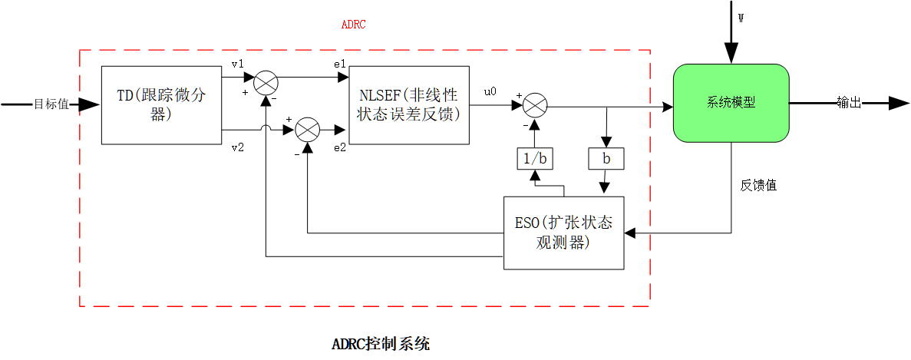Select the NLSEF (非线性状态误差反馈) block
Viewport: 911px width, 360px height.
408,105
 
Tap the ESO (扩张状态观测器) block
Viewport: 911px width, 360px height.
563,233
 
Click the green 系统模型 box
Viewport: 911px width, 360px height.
731,103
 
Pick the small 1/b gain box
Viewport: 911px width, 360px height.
534,159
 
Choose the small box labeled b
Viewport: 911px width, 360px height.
606,159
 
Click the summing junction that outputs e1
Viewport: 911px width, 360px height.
266,81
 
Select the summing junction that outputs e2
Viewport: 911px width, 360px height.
307,130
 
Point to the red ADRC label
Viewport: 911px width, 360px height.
353,25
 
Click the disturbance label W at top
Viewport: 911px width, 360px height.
741,18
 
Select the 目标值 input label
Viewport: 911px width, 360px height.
51,104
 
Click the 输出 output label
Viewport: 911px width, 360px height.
848,103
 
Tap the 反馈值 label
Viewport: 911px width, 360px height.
758,185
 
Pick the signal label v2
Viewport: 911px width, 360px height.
237,147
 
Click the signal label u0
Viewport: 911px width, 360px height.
490,91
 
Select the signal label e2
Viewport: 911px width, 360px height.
339,147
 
